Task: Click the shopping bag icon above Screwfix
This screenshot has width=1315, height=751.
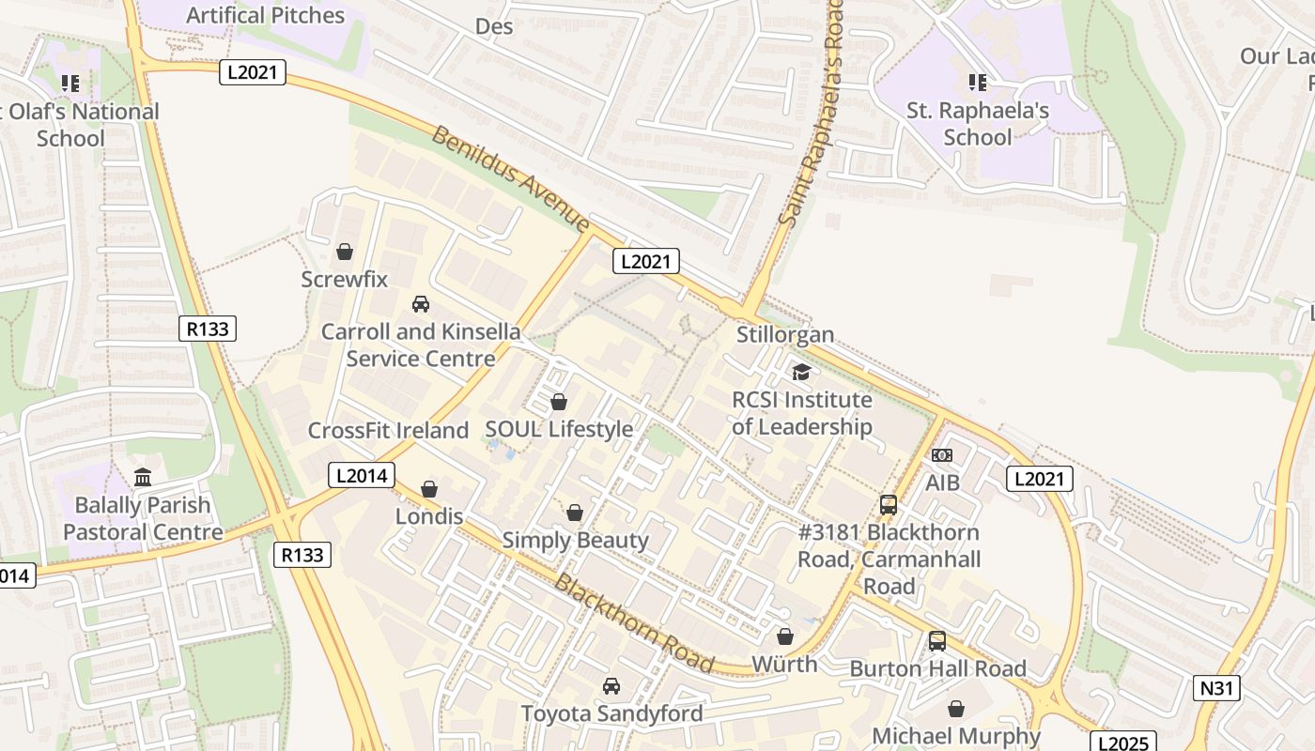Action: (x=344, y=252)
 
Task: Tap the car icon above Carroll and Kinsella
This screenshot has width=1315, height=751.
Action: (x=421, y=304)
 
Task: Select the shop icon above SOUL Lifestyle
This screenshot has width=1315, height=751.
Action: (x=559, y=402)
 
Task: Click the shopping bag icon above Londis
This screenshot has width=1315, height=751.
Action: (x=429, y=489)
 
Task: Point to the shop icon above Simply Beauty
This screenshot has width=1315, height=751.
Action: (x=575, y=513)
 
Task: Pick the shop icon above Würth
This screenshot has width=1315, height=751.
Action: (x=785, y=636)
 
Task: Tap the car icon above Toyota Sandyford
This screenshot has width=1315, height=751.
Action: (x=611, y=686)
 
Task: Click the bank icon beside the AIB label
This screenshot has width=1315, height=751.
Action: (x=942, y=455)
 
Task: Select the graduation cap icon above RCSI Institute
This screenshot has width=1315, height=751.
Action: (x=801, y=373)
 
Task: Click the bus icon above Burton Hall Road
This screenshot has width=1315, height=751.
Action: (x=936, y=641)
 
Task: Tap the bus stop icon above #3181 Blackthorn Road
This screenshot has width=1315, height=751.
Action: (x=889, y=505)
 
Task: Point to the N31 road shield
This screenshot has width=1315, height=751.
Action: (x=1216, y=688)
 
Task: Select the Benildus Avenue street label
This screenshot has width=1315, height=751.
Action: (x=510, y=178)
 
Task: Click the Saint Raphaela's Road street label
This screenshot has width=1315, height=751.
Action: (x=813, y=113)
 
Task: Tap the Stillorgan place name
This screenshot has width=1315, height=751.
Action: (x=785, y=334)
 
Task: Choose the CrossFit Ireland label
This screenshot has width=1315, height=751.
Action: (x=388, y=431)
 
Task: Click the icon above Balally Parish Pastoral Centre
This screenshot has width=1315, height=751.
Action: (x=143, y=478)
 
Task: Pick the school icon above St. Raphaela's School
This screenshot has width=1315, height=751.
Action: (x=978, y=83)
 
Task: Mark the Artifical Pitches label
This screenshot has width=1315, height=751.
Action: (x=266, y=15)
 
